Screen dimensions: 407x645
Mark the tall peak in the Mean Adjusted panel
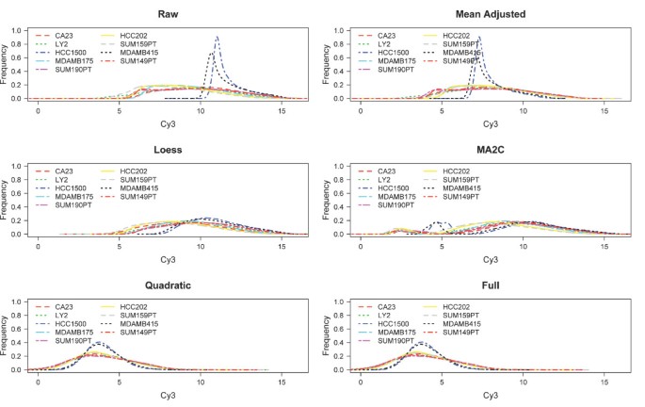click(x=479, y=39)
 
